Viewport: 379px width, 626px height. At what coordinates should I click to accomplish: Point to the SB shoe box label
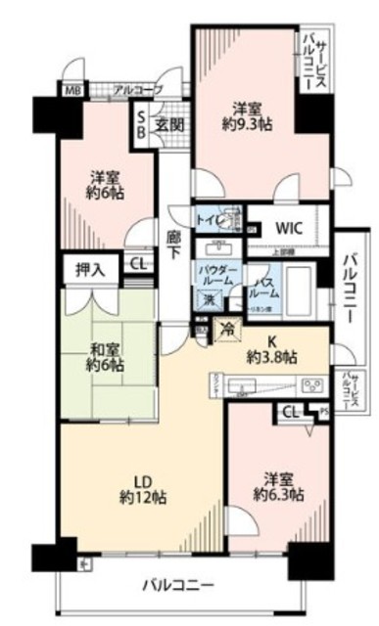[142, 123]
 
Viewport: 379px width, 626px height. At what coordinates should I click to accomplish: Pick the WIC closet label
[288, 227]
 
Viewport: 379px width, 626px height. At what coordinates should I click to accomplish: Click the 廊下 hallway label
[173, 242]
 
